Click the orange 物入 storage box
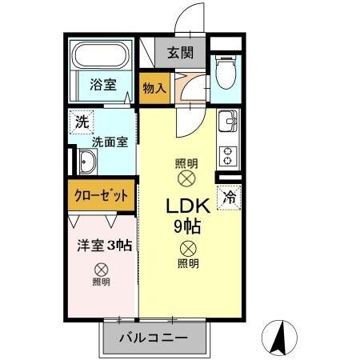[154, 88]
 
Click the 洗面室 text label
[109, 142]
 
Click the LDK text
[188, 206]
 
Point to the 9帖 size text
[187, 226]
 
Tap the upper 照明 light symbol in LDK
[187, 178]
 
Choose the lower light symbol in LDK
[187, 249]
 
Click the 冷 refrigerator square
[230, 194]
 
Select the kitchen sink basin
[228, 122]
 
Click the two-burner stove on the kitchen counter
[227, 153]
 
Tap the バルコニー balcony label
[154, 338]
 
